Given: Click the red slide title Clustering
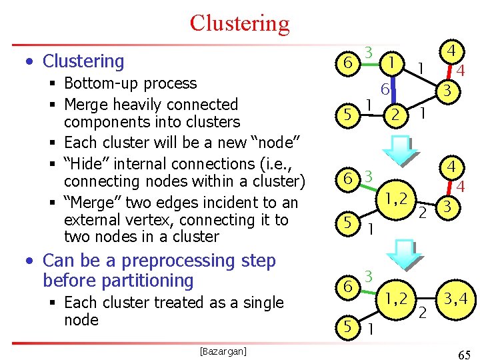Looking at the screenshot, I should tap(239, 23).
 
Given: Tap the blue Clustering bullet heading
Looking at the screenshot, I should tap(83, 61).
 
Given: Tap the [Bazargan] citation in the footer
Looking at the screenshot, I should tap(223, 351).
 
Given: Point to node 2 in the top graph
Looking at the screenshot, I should tap(395, 115).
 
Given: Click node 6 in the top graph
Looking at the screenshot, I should tap(346, 63).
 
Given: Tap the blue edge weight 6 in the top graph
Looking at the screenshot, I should tap(385, 89).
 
